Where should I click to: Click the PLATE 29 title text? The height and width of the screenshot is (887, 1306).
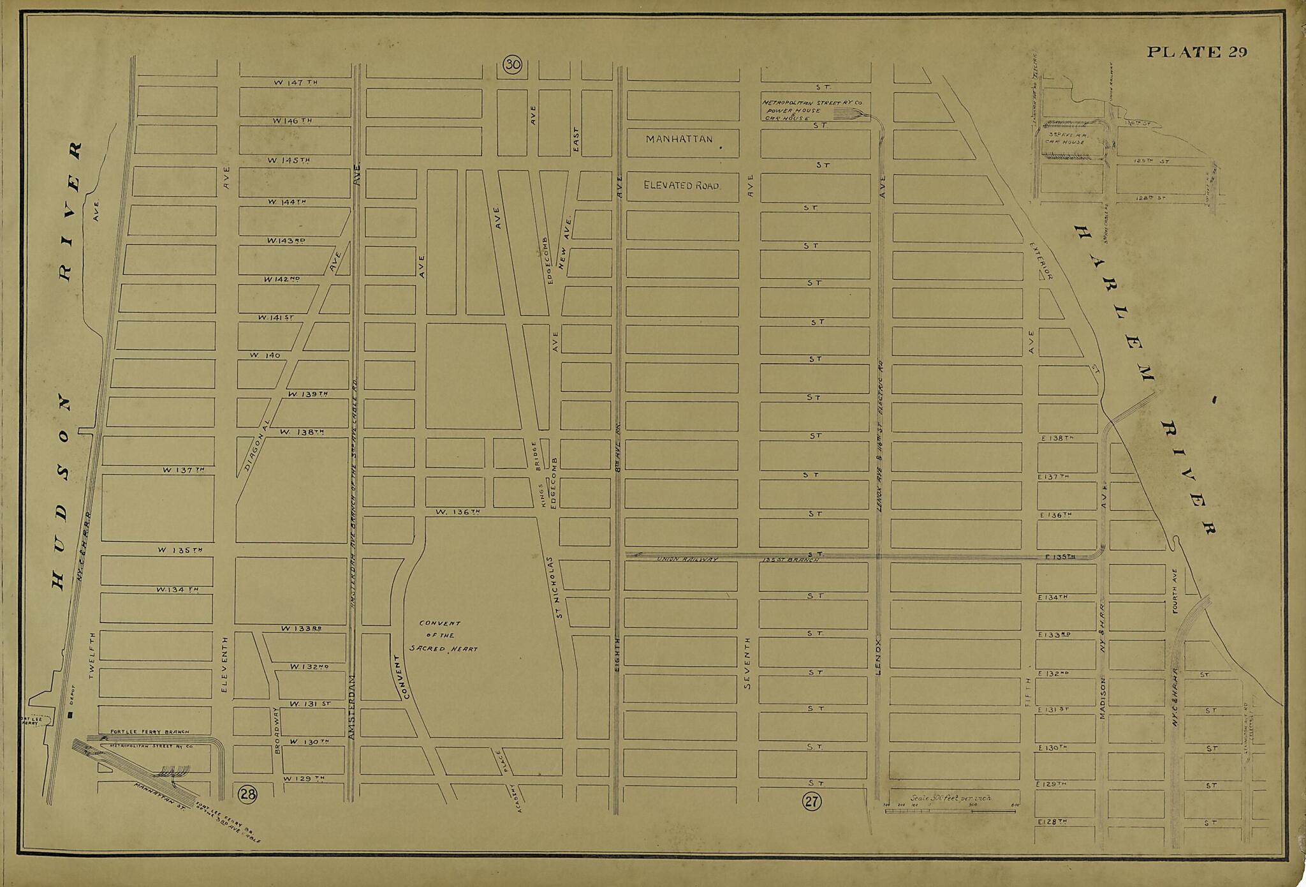point(1196,52)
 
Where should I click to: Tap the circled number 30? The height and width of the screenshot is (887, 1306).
point(513,64)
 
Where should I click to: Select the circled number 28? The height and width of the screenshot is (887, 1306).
point(247,794)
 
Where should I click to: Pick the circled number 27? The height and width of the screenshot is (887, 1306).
point(812,801)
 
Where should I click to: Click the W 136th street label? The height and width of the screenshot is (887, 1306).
point(457,512)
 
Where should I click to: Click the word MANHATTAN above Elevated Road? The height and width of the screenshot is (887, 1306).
point(679,139)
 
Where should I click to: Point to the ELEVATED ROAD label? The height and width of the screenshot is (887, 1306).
point(681,186)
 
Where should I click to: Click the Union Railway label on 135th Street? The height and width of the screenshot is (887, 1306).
point(687,560)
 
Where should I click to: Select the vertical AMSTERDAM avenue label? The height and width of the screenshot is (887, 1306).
point(351,708)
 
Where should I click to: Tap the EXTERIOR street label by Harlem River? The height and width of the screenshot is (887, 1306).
point(1040,260)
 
